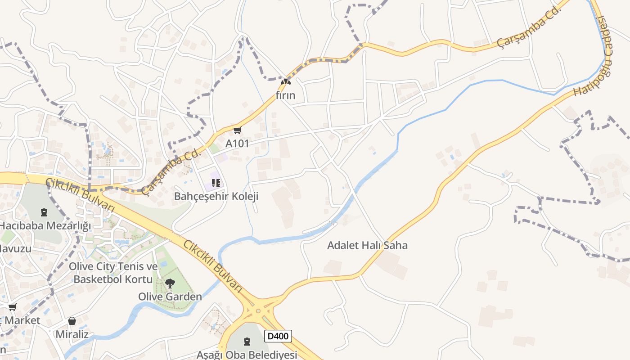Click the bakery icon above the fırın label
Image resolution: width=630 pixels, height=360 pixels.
tap(285, 82)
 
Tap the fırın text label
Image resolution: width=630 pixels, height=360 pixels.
tap(286, 95)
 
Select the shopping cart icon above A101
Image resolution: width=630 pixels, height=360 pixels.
tap(237, 130)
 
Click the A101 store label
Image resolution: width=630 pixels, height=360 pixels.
tap(237, 144)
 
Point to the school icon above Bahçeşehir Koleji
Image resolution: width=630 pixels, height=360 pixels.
tap(216, 183)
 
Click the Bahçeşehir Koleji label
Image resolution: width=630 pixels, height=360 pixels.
tap(216, 197)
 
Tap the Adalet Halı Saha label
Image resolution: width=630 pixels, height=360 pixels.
tap(367, 245)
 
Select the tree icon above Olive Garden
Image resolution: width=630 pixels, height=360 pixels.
tap(170, 283)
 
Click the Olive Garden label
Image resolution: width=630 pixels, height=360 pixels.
tap(170, 297)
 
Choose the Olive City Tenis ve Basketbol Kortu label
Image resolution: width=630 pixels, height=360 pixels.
tap(113, 273)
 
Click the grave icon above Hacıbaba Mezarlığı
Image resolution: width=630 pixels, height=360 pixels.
tap(44, 212)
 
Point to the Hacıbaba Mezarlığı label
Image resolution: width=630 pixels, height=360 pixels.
tap(45, 225)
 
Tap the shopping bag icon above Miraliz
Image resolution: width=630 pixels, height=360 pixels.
tap(72, 321)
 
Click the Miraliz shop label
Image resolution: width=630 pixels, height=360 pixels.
tap(72, 334)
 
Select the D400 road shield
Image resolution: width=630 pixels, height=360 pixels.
tap(278, 336)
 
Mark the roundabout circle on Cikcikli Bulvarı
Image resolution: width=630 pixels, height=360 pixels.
tap(258, 310)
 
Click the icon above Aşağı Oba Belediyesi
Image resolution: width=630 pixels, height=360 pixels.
tap(247, 342)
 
